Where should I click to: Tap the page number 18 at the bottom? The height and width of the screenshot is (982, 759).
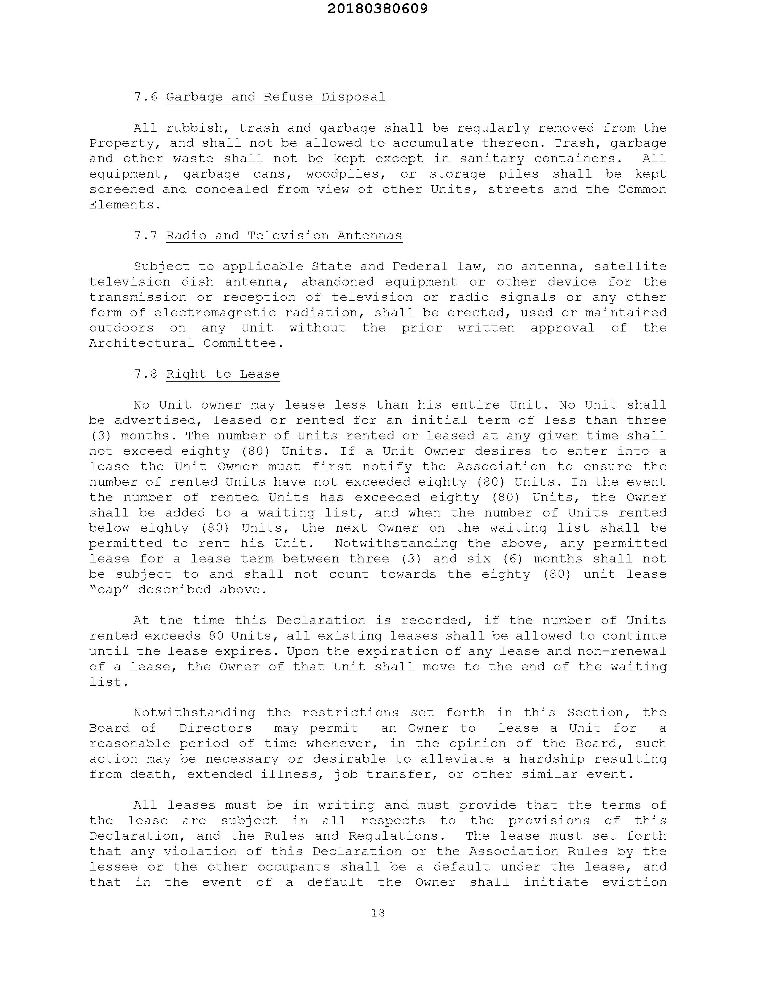coord(378,912)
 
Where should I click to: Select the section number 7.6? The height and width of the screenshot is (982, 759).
coord(146,97)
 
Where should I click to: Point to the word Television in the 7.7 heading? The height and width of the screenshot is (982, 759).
coord(288,236)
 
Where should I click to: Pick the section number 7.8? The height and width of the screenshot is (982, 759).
coord(146,374)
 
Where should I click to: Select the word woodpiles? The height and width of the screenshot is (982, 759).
coord(343,174)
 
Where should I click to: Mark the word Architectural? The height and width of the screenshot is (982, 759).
coord(141,344)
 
